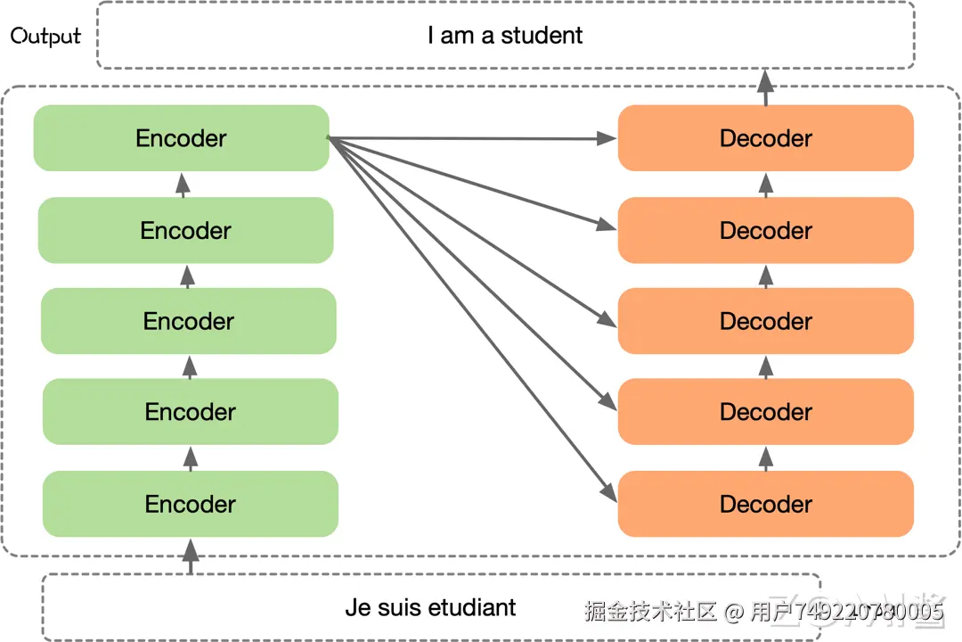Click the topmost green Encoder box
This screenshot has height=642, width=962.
tap(181, 138)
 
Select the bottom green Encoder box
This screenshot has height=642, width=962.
tap(191, 504)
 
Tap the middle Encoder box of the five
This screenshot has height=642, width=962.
tap(189, 321)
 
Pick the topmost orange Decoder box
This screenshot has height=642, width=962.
tap(766, 138)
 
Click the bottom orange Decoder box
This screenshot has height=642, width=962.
tap(766, 504)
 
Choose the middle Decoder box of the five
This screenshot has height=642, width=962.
tap(766, 321)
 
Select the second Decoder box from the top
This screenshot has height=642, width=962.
tap(766, 230)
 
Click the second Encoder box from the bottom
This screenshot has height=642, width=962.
tap(191, 412)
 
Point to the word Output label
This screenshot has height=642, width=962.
tap(45, 37)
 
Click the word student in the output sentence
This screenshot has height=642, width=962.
tap(542, 36)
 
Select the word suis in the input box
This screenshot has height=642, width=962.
tap(398, 608)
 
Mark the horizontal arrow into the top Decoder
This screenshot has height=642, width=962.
tap(472, 138)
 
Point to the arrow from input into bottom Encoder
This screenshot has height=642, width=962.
tap(190, 555)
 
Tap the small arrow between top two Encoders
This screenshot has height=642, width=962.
tap(183, 184)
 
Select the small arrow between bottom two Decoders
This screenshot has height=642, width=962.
tap(766, 457)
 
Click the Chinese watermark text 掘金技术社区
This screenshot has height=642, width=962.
tap(651, 612)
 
